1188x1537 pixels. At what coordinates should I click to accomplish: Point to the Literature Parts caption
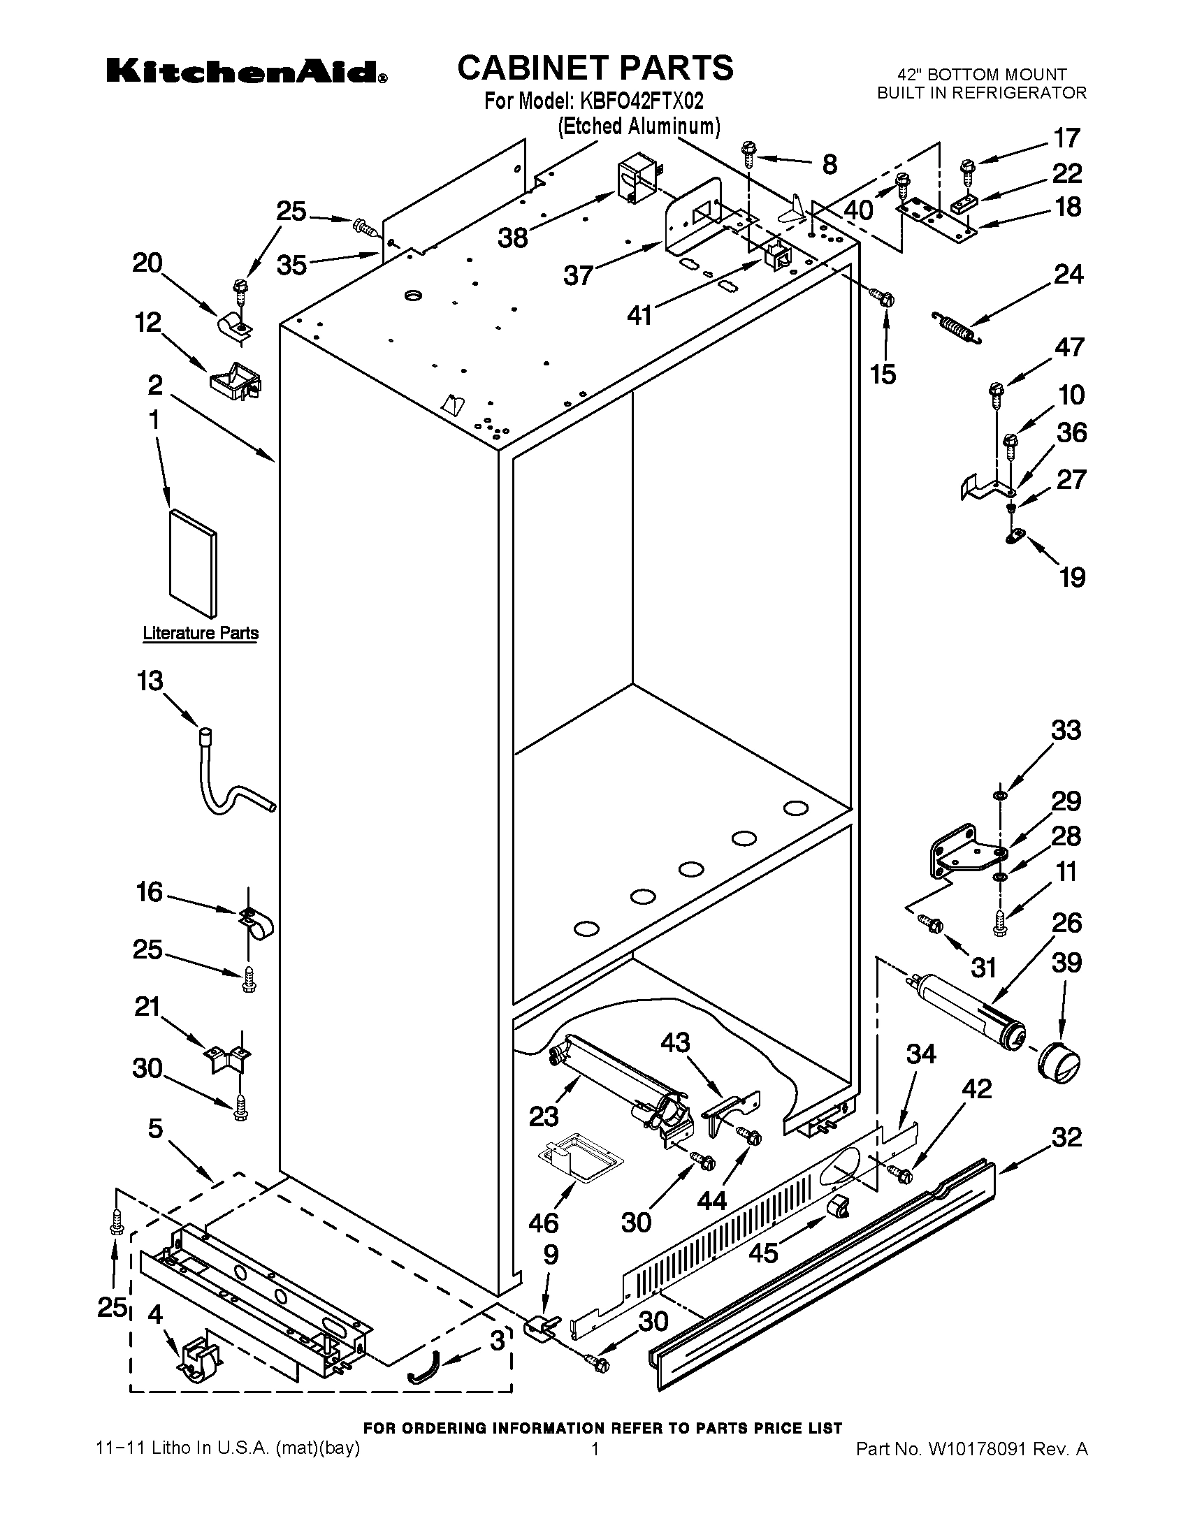[x=201, y=633]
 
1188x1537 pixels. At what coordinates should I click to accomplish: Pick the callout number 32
[x=1066, y=1137]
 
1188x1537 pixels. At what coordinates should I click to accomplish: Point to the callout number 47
[x=1069, y=348]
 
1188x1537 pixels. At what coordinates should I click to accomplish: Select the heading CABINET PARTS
[x=595, y=68]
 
